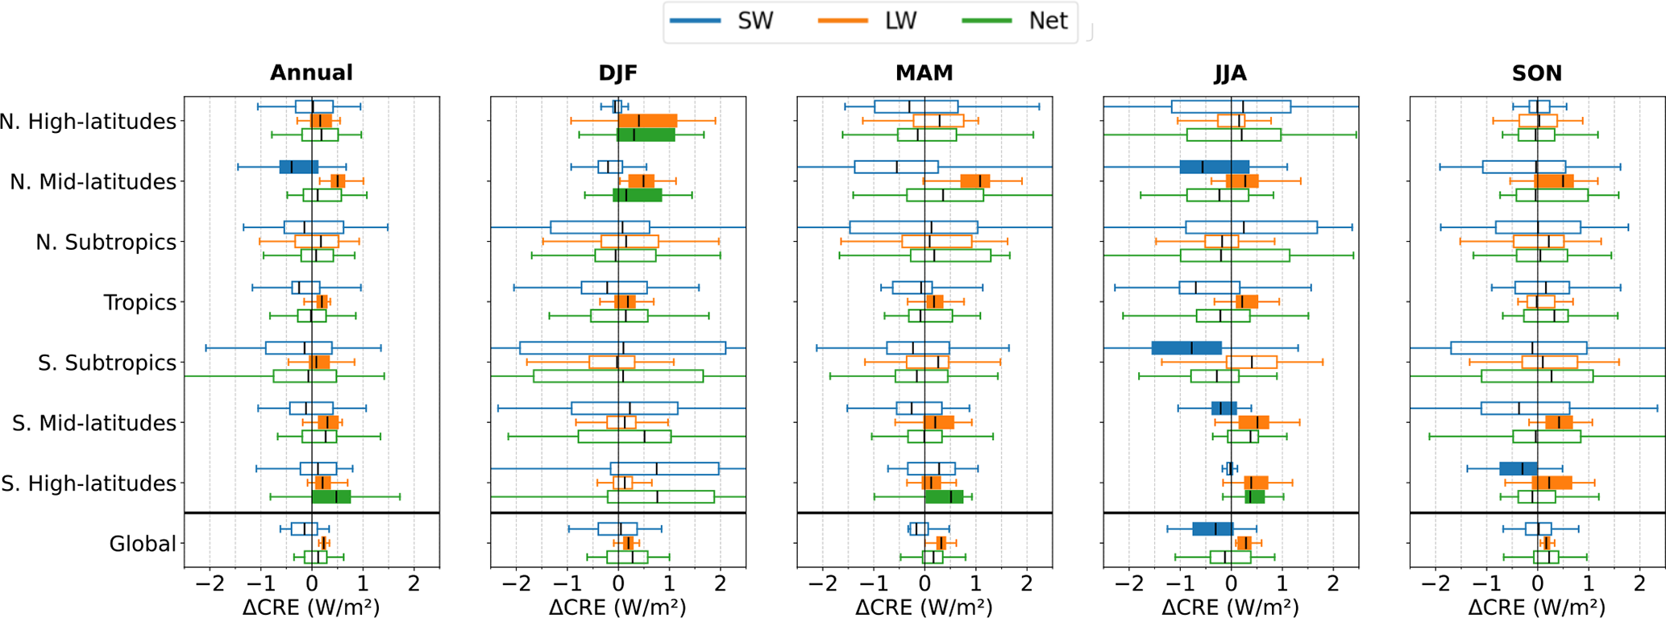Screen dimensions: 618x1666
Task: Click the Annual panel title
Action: coord(311,73)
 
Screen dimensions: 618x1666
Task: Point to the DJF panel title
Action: coord(618,73)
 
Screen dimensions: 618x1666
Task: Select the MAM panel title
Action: coord(924,73)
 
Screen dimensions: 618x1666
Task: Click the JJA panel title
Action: coord(1231,73)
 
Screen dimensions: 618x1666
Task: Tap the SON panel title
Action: coord(1537,73)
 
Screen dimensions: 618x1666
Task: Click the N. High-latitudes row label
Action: coord(88,122)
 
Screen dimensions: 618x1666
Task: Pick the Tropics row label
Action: coord(139,303)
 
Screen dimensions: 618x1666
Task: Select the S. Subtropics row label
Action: coord(106,363)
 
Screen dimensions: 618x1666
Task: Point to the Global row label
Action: coord(143,545)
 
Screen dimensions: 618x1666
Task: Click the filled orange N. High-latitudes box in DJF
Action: coord(647,121)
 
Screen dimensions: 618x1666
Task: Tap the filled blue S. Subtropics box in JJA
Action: coord(1186,348)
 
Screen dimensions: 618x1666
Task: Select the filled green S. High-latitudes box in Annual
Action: coord(331,497)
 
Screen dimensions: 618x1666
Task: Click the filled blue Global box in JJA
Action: coord(1212,529)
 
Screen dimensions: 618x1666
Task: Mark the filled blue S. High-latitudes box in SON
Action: coord(1519,469)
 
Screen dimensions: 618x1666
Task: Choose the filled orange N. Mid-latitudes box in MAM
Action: coord(975,181)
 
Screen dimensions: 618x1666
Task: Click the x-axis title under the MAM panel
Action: coord(924,607)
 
